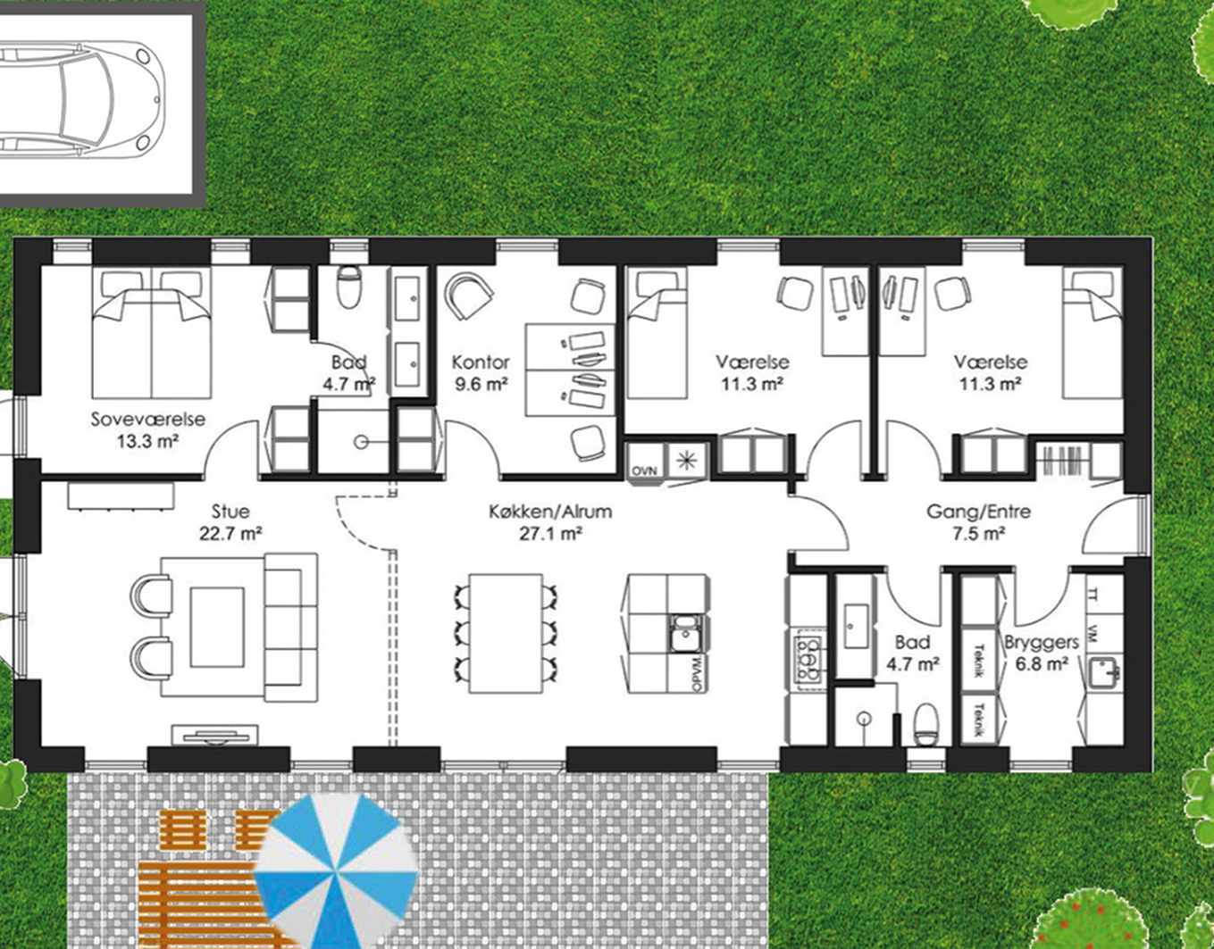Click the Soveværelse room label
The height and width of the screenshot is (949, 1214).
click(148, 420)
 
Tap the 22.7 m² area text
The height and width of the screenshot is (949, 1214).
click(230, 534)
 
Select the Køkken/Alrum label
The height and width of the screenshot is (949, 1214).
click(550, 512)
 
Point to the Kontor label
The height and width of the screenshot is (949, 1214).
click(481, 362)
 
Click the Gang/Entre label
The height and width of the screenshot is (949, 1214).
click(978, 512)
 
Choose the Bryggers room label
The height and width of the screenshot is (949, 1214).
click(1042, 642)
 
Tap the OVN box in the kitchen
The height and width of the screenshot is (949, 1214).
click(644, 470)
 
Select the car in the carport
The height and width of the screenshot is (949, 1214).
click(81, 99)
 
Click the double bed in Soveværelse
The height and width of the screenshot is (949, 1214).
click(151, 334)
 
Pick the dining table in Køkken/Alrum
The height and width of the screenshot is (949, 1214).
click(506, 634)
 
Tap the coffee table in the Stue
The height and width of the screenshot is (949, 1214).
click(217, 627)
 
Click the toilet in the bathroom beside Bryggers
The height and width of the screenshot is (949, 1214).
click(926, 723)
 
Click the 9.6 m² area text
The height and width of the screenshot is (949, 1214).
click(481, 385)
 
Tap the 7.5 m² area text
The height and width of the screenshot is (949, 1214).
click(979, 534)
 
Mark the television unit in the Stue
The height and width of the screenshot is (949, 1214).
click(214, 735)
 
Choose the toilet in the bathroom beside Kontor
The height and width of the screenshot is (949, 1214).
click(349, 287)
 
